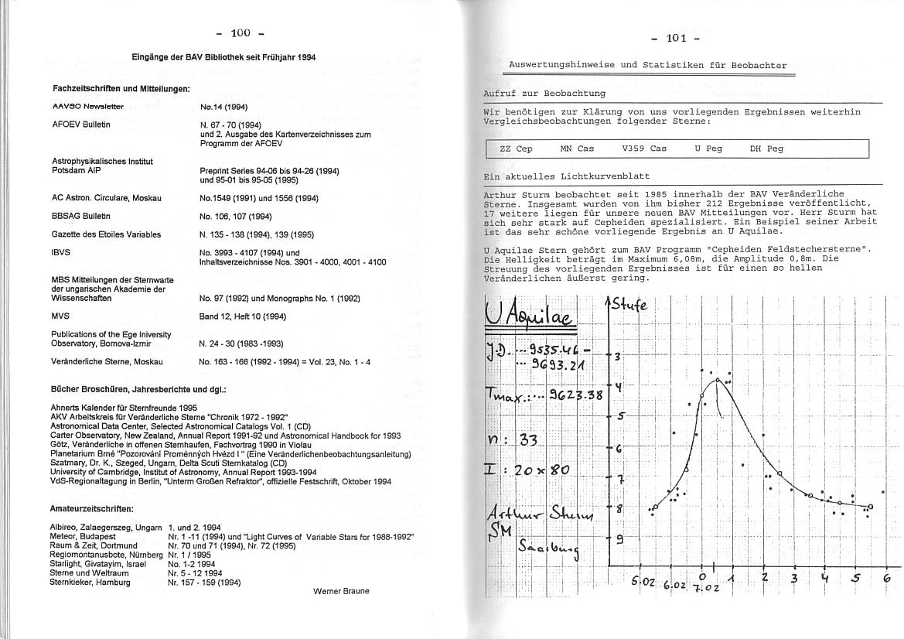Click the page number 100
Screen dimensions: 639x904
pyautogui.click(x=240, y=33)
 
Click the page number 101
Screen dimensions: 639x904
pyautogui.click(x=675, y=39)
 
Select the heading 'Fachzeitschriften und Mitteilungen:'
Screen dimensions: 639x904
pyautogui.click(x=121, y=88)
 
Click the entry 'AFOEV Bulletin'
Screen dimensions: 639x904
pyautogui.click(x=81, y=124)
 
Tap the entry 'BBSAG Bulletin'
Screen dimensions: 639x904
pyautogui.click(x=81, y=216)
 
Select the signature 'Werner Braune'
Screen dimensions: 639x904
pyautogui.click(x=341, y=591)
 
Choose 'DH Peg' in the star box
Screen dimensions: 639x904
pyautogui.click(x=766, y=149)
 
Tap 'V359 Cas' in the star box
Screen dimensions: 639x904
pyautogui.click(x=643, y=149)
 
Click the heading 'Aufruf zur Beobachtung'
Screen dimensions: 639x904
pyautogui.click(x=544, y=93)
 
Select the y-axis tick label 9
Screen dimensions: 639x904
pyautogui.click(x=619, y=540)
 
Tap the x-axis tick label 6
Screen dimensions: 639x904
pyautogui.click(x=887, y=578)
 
